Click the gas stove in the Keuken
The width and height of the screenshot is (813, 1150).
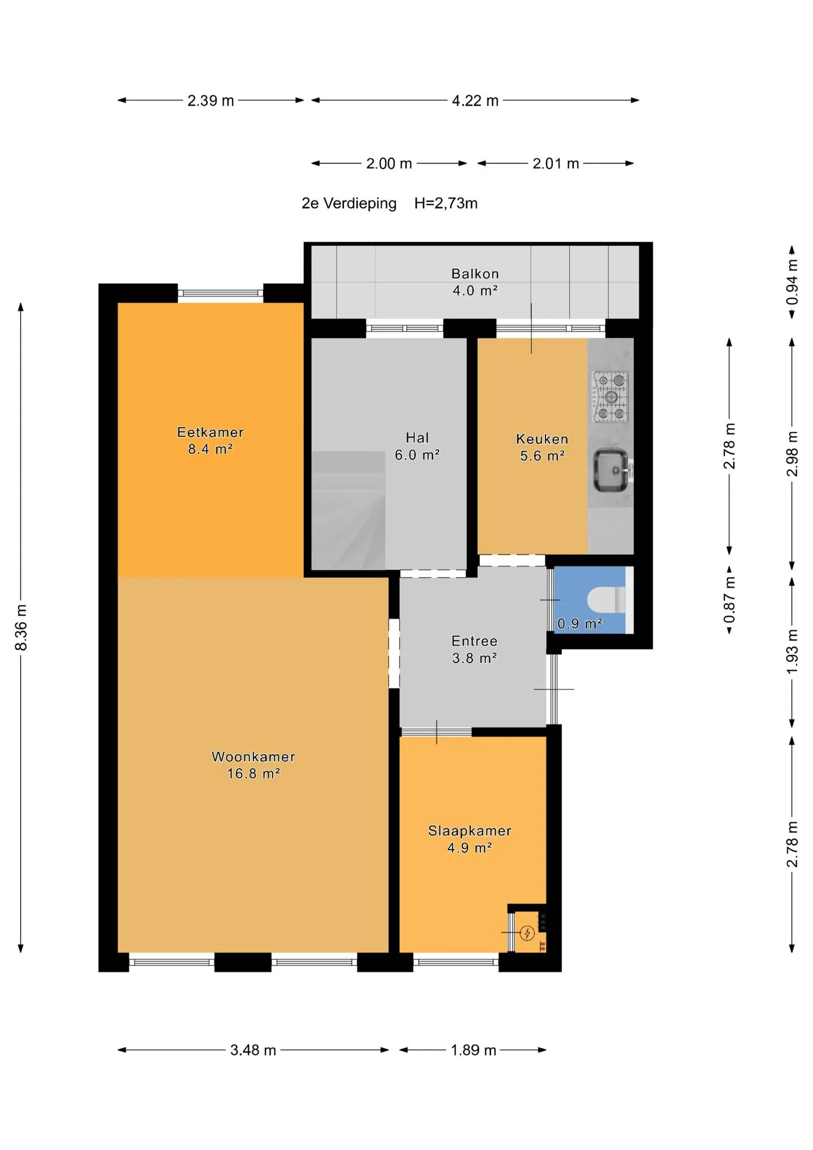coord(610,397)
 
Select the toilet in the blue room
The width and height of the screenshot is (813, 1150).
coord(606,600)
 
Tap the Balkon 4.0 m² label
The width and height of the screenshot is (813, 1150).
coord(475,282)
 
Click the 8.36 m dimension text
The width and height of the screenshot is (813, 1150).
coord(21,627)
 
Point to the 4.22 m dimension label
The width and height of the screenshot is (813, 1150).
coord(475,101)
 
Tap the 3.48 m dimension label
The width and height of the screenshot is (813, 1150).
coord(253,1050)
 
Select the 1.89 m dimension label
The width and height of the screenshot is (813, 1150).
coord(473,1050)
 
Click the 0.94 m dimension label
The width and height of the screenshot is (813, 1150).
coord(792,282)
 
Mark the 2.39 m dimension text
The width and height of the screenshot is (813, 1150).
coord(211,101)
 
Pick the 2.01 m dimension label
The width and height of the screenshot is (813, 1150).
coord(556,164)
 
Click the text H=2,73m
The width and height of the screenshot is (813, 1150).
coord(446,203)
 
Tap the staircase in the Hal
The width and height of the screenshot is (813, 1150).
coord(348,510)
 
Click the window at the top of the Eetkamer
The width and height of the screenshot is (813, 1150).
coord(221,293)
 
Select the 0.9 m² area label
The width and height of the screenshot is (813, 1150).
coord(580,624)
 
